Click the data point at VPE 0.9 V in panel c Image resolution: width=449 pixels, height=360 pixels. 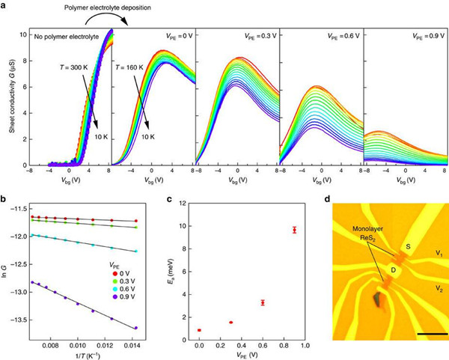coord(295,230)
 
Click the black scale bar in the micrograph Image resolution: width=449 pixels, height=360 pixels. coord(433,332)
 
